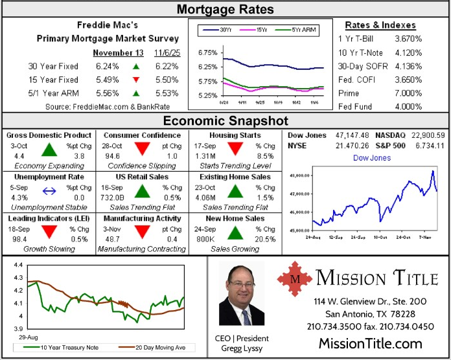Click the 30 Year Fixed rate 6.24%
[107, 67]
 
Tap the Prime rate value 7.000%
[408, 93]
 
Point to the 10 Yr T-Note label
[361, 52]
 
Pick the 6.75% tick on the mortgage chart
[207, 52]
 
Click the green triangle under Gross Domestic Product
[49, 150]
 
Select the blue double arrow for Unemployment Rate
[49, 190]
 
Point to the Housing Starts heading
[235, 135]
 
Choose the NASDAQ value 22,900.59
[427, 135]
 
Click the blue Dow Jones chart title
[371, 157]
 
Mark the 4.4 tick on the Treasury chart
[17, 265]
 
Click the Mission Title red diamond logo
[295, 279]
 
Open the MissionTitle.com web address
[370, 343]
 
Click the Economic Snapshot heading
[225, 121]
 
